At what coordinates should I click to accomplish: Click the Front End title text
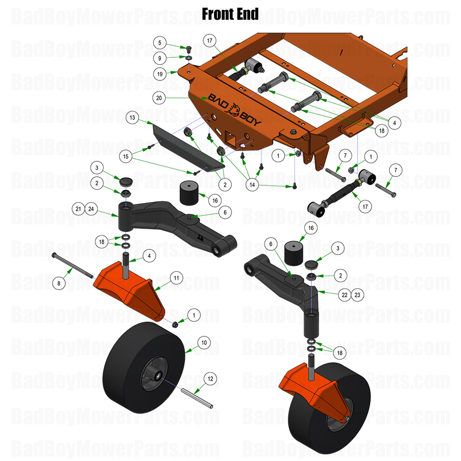pos(230,14)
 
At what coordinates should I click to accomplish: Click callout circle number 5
pos(160,43)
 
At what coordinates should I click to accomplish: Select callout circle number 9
pos(160,58)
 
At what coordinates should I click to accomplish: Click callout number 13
pos(133,117)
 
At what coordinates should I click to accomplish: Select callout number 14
pos(253,185)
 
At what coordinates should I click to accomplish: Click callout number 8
pos(59,283)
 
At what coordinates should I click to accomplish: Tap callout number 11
pos(176,278)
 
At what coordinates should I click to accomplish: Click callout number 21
pos(78,208)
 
